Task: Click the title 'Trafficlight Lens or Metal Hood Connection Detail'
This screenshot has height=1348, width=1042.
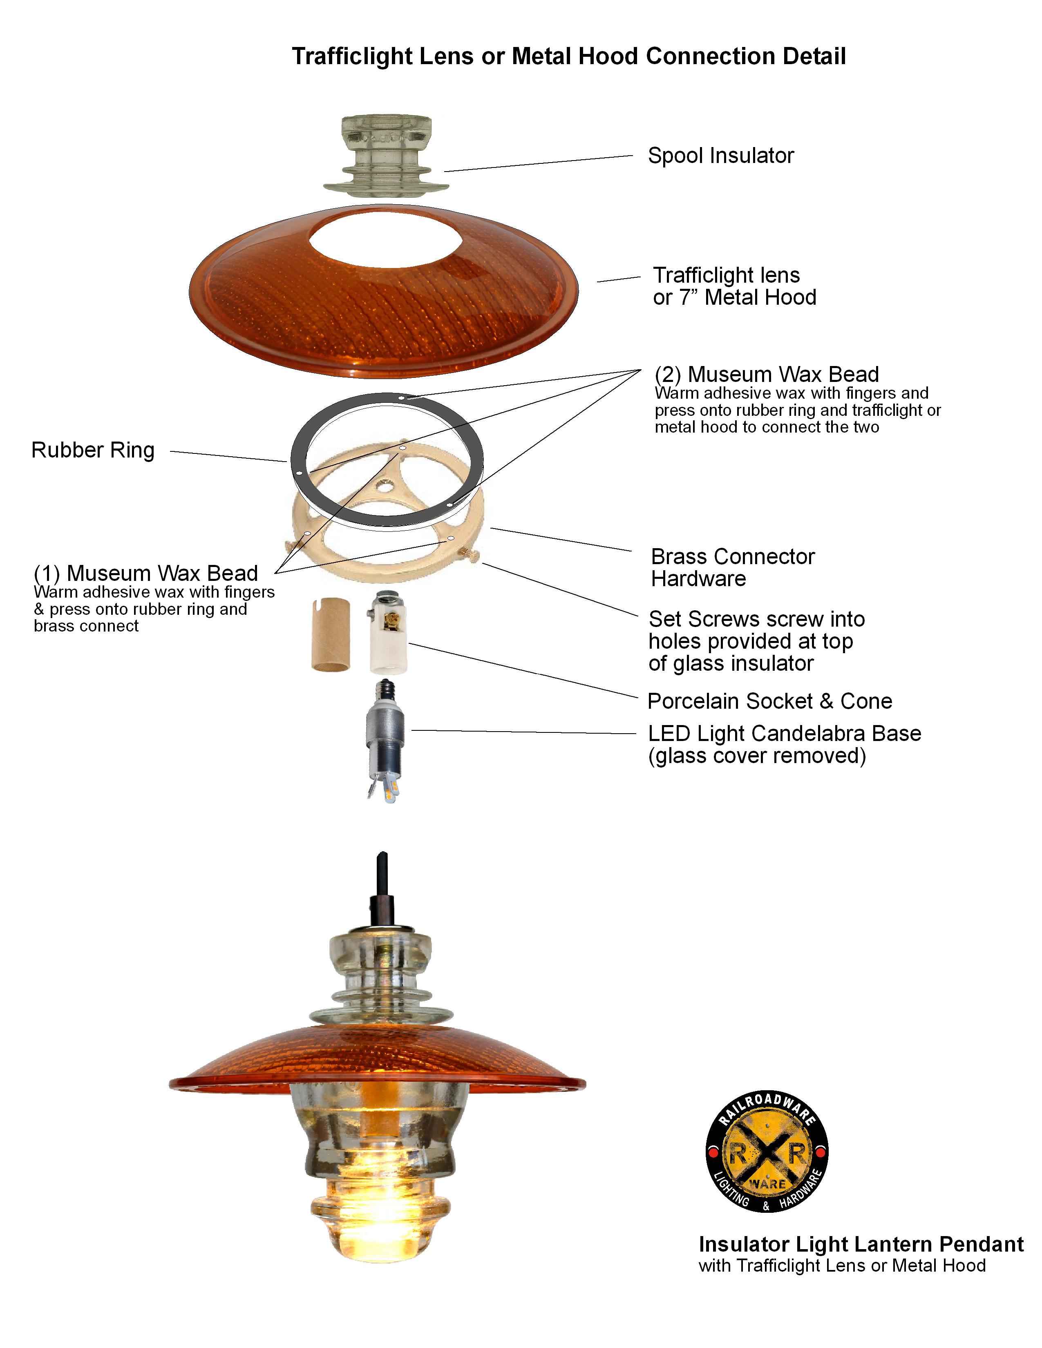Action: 568,56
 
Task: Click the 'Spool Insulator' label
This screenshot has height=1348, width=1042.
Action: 720,156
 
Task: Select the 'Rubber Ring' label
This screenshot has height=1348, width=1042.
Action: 93,450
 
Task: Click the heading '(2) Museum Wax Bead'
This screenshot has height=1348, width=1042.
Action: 767,374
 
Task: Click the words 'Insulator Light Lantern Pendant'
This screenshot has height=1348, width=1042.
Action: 861,1244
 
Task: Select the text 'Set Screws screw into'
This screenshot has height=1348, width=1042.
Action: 757,619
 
